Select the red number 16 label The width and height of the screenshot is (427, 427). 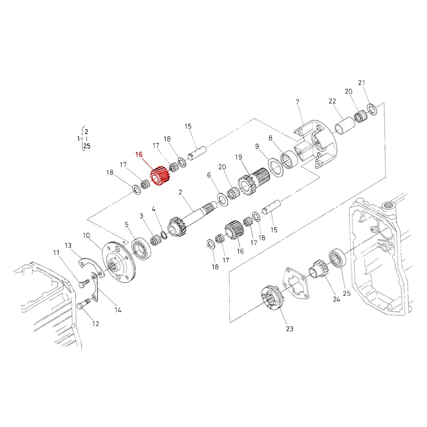[139, 154]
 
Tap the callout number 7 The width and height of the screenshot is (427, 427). [297, 102]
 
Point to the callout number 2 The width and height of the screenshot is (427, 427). [180, 192]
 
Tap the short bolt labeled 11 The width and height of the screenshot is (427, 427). [84, 284]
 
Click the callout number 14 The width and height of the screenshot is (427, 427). [118, 310]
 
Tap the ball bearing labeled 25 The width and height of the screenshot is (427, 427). [337, 259]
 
